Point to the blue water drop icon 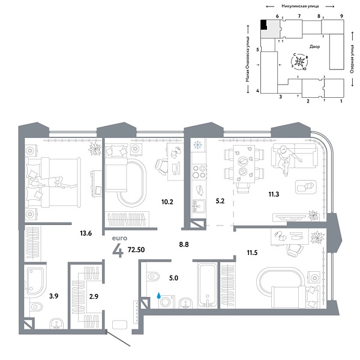point(159,295)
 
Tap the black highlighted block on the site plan point(264,25)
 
